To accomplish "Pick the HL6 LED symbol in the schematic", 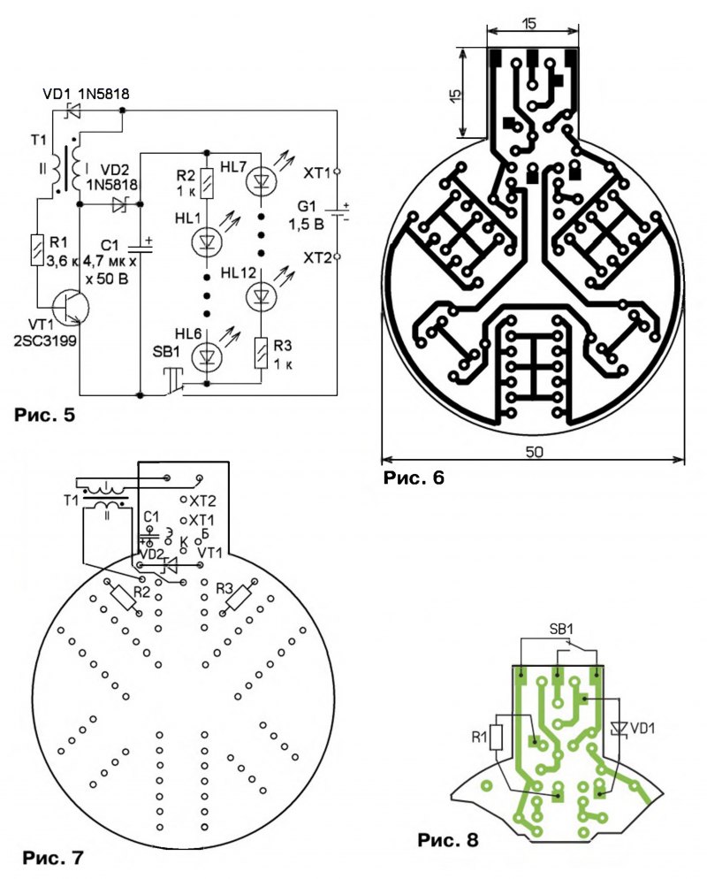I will click(x=207, y=356).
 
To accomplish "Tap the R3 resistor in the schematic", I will click(x=261, y=351).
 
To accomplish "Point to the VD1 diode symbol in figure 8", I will click(x=620, y=728).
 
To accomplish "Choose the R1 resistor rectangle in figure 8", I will click(x=497, y=737).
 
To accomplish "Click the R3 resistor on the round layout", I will click(x=238, y=599).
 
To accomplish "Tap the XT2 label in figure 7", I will click(x=203, y=501).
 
